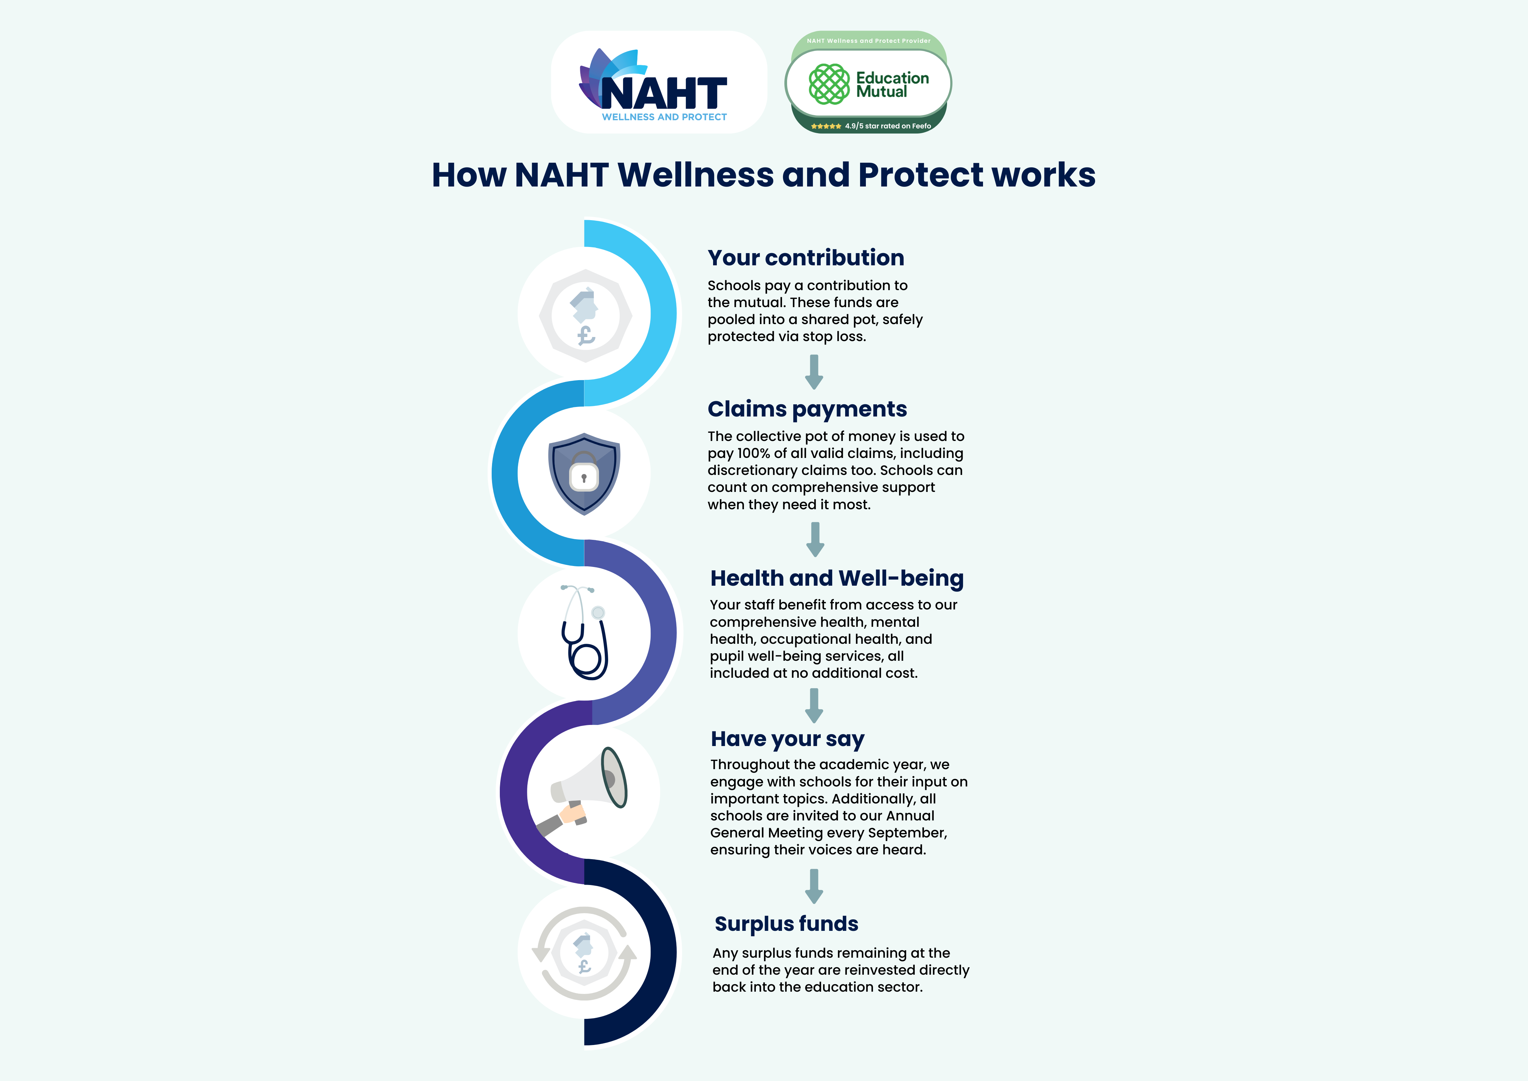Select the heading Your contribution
pos(805,258)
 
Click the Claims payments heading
pos(806,409)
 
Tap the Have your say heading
pos(787,739)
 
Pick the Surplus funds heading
pos(786,924)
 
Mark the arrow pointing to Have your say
pos(813,706)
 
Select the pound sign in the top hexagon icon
pos(586,335)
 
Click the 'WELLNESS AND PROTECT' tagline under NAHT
pos(664,117)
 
